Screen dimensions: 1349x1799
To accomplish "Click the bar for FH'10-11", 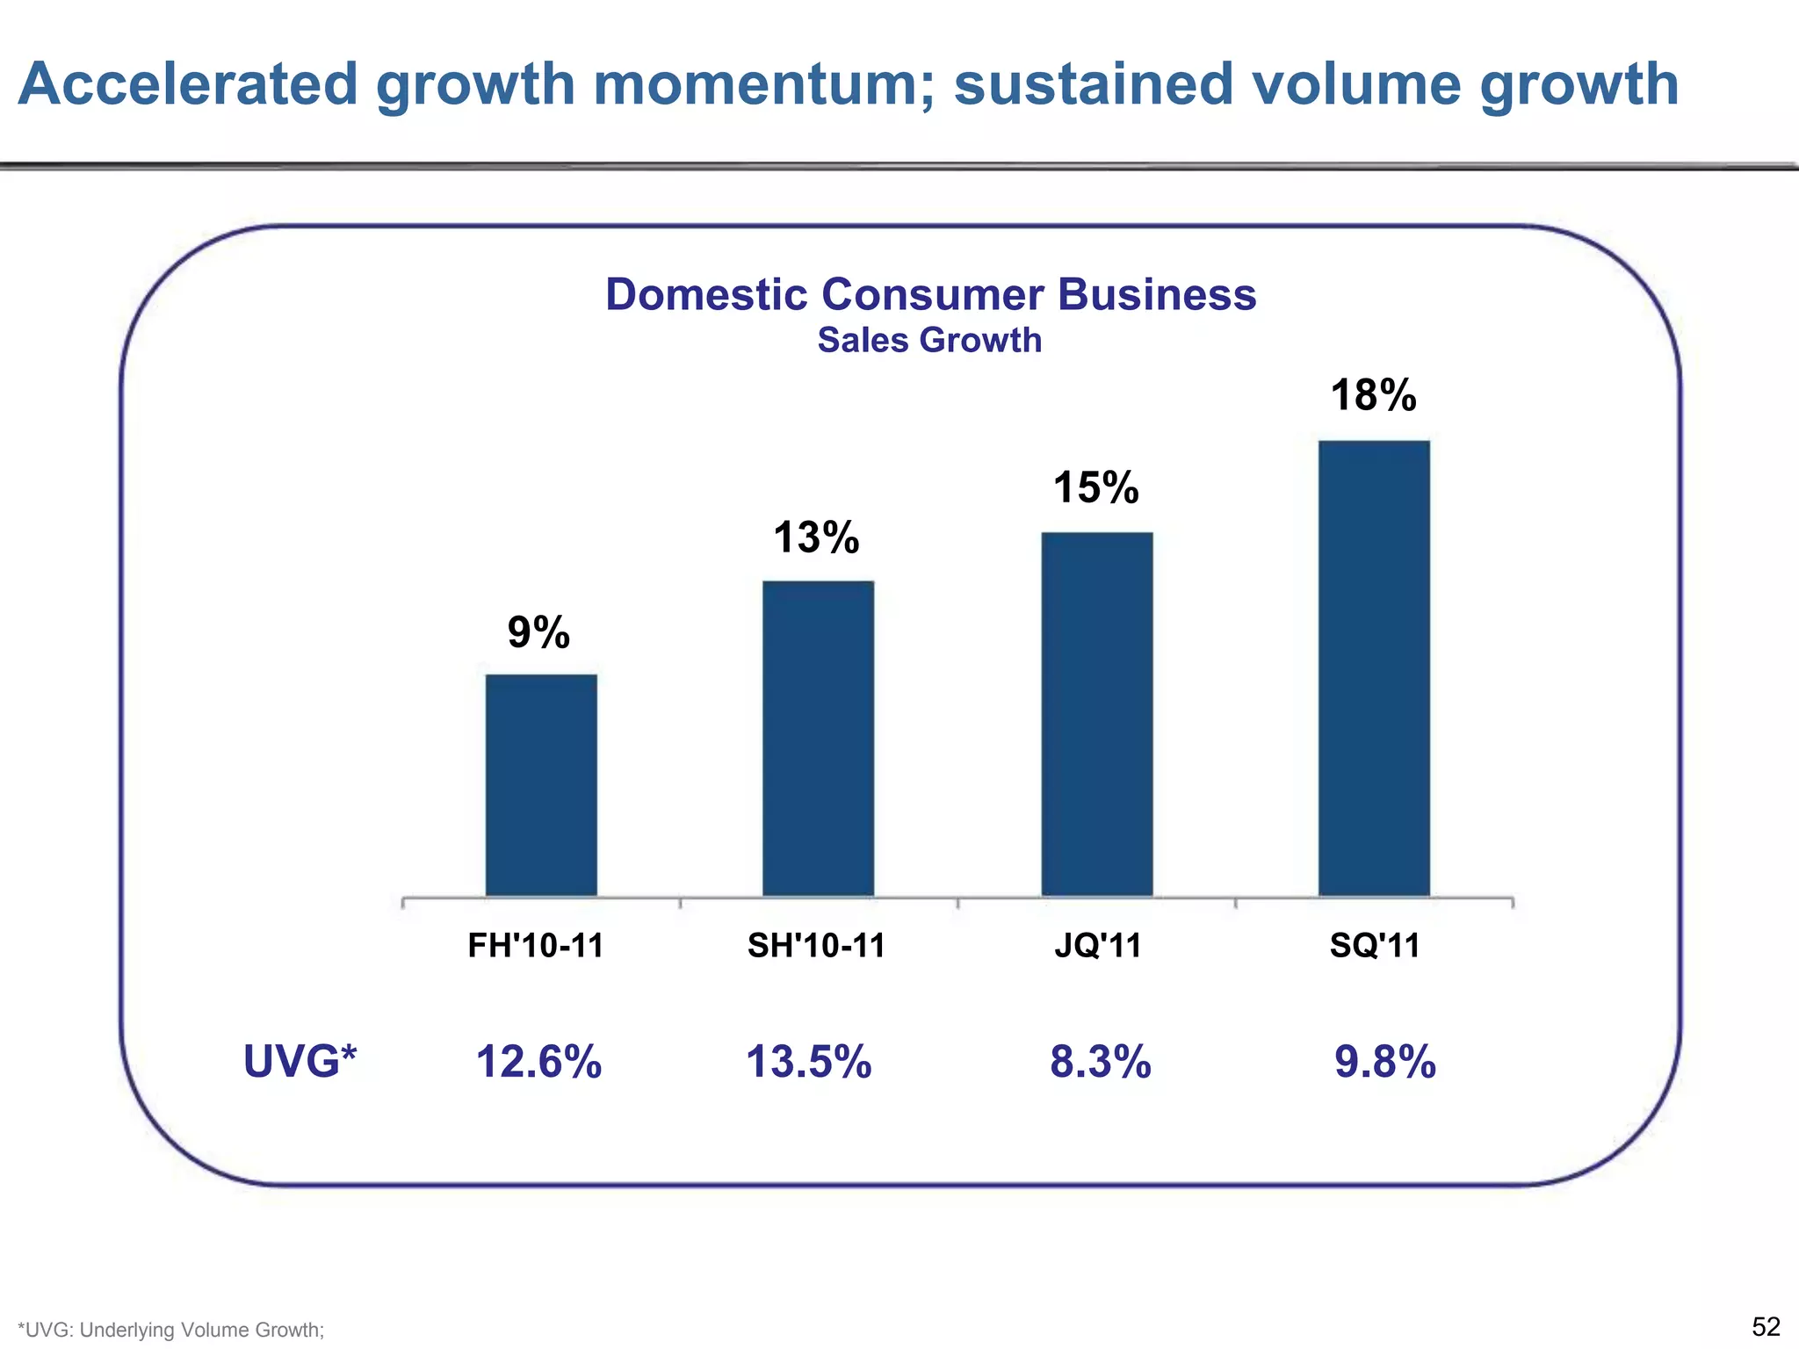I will point(541,785).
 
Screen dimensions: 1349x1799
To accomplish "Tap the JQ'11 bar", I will point(1097,714).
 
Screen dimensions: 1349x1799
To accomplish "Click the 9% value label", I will point(538,632).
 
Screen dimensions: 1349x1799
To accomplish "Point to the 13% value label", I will point(816,537).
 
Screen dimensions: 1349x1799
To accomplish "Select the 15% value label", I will point(1095,487).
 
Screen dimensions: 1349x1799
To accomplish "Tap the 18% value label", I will point(1373,395).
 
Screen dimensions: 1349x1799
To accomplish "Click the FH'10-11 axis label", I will point(536,946).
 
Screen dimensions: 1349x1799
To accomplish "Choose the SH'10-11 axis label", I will point(816,946).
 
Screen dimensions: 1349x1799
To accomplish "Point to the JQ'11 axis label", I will point(1098,946).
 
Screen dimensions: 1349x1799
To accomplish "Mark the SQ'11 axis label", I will point(1375,946).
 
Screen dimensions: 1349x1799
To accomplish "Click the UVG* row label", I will point(300,1061).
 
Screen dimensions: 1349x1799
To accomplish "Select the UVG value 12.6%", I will point(538,1062).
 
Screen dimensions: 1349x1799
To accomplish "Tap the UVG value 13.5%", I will point(808,1062).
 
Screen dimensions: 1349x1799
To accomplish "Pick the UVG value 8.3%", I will point(1101,1062).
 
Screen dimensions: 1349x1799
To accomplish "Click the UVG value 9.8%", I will point(1385,1062).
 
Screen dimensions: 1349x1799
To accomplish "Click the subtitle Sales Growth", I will point(929,341).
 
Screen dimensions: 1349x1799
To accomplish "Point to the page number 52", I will point(1766,1326).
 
